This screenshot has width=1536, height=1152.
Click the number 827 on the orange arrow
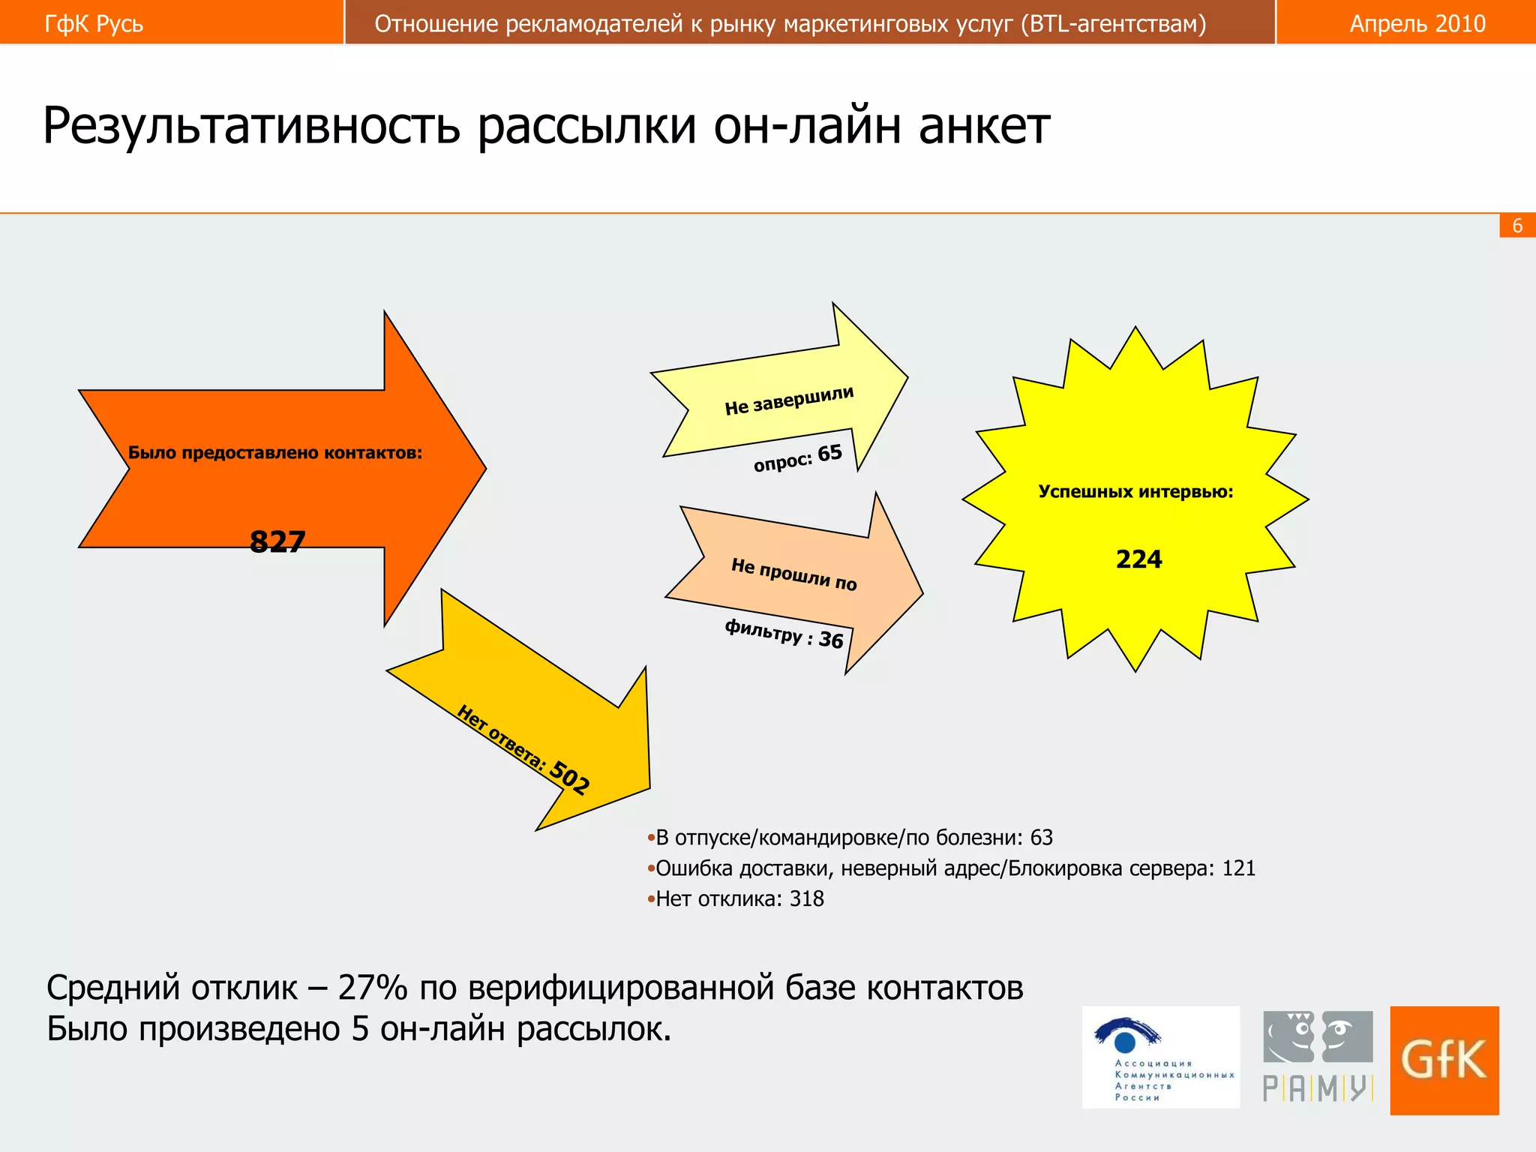[x=277, y=541]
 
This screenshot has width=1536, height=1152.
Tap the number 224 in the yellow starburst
[x=1138, y=559]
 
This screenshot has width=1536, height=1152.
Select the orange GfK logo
[x=1444, y=1060]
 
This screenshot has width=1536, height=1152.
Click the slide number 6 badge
[x=1517, y=226]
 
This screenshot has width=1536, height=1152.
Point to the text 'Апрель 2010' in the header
[x=1417, y=24]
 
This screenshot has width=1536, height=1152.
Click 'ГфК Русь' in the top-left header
[x=94, y=24]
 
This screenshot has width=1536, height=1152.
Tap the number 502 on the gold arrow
[x=570, y=777]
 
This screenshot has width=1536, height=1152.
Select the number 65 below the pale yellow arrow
[x=829, y=453]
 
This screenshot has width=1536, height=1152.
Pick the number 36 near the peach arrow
[x=831, y=640]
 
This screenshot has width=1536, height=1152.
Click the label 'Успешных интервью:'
[x=1135, y=492]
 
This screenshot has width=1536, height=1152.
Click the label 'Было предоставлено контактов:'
[x=275, y=452]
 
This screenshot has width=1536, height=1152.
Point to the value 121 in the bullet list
[x=1238, y=868]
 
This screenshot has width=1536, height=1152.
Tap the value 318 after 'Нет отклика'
[x=806, y=898]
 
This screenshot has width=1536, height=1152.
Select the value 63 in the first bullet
[x=1041, y=837]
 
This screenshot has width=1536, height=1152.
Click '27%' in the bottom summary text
[x=372, y=988]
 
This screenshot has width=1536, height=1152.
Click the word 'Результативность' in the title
[x=251, y=126]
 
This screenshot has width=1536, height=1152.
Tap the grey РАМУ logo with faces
[x=1318, y=1056]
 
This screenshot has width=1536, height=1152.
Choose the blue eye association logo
[x=1160, y=1056]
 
